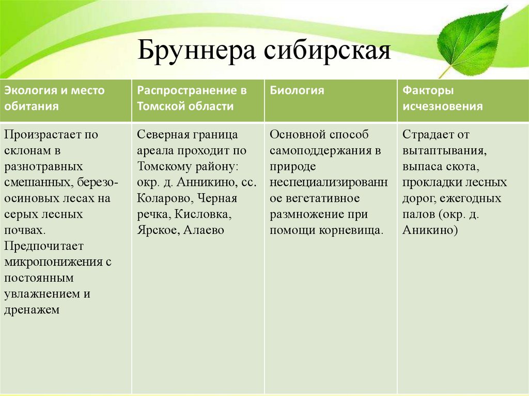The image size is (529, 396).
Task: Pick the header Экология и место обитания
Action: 54,98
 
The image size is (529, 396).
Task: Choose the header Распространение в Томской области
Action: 192,98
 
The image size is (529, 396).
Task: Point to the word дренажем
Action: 32,310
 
